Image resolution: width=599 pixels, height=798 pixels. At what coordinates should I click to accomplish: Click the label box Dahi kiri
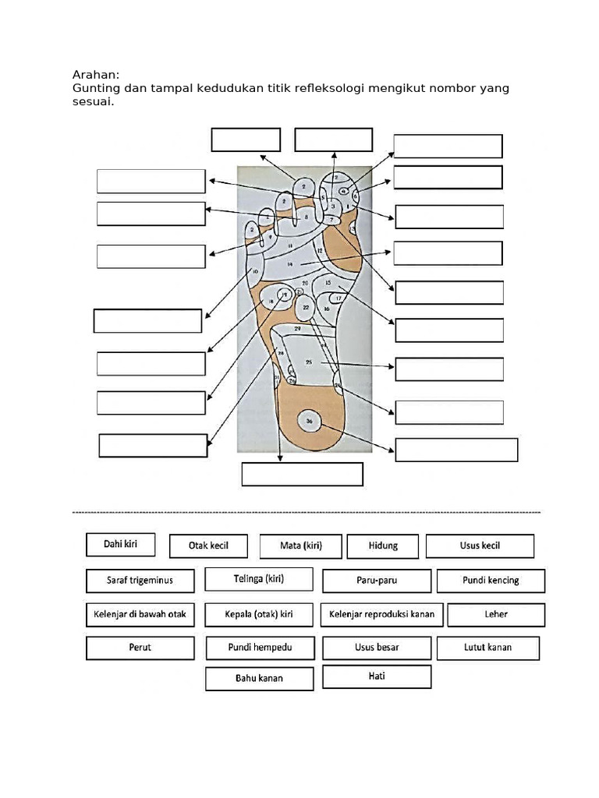(x=121, y=545)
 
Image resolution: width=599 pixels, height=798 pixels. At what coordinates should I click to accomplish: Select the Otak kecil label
(x=208, y=546)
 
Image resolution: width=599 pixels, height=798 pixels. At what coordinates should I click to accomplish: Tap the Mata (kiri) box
(x=301, y=546)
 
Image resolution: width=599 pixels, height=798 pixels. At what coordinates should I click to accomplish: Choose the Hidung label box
(x=383, y=546)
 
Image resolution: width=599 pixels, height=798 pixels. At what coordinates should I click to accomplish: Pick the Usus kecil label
(x=480, y=546)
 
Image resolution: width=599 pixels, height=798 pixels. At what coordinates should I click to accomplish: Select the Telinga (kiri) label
(x=259, y=579)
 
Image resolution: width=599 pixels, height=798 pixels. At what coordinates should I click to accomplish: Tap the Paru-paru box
(x=377, y=581)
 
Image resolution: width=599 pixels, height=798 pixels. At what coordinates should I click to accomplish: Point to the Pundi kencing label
(x=491, y=581)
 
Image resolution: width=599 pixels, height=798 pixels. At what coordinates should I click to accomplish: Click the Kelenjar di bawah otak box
(x=140, y=615)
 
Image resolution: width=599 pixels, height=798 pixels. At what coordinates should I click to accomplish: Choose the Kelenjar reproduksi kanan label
(x=382, y=615)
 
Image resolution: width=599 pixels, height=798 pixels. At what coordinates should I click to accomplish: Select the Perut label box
(x=140, y=648)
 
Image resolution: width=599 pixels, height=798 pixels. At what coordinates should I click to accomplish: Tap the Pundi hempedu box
(x=261, y=648)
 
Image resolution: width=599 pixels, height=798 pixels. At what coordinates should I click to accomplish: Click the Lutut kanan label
(x=488, y=648)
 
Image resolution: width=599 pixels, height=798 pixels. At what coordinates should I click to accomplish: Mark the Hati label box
(x=377, y=676)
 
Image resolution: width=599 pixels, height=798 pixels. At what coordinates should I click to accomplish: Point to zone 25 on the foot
(x=309, y=362)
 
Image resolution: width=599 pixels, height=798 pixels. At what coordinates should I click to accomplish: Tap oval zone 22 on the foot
(x=307, y=308)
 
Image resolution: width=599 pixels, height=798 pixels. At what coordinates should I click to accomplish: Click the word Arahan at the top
(x=95, y=75)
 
